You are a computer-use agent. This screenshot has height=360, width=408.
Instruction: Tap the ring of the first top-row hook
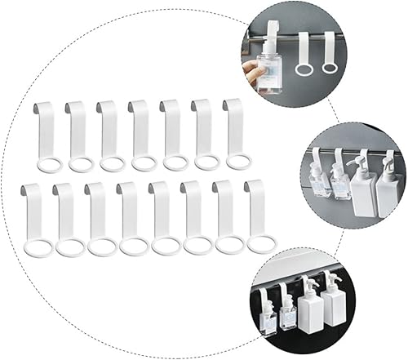point(49,165)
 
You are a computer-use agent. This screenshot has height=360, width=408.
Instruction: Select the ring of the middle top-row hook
point(144,163)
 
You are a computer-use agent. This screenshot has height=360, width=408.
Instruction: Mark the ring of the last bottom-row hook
point(262,243)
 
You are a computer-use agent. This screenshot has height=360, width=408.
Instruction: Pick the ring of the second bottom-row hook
point(70,247)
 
